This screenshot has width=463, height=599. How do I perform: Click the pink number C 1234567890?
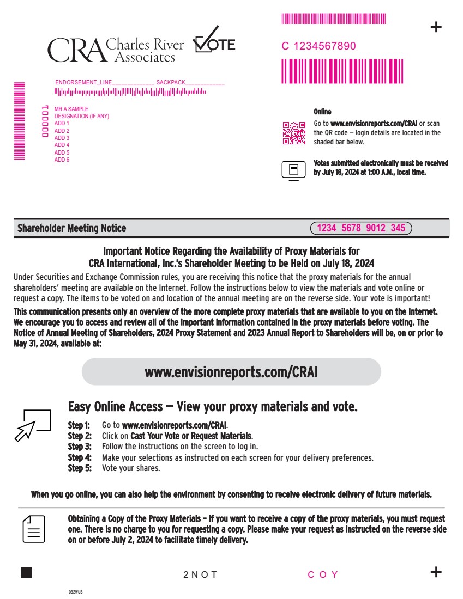pos(318,46)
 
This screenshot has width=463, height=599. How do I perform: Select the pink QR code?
pos(294,133)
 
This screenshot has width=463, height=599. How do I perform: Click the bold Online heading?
pos(322,112)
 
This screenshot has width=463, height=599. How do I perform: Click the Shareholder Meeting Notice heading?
pos(71,228)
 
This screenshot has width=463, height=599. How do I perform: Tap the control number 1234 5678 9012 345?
pos(361,228)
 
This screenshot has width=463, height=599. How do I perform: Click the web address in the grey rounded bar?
pos(231,372)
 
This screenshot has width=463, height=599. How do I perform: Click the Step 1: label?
pos(79,425)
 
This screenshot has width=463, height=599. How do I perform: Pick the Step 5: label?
pos(79,468)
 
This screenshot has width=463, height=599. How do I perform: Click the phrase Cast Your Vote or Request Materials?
pos(191,436)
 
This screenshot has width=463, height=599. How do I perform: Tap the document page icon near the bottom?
pos(34,529)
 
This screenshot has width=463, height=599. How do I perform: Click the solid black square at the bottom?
pos(26,572)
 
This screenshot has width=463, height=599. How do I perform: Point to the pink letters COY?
pos(323,575)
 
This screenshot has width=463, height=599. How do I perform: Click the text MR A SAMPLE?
pos(71,109)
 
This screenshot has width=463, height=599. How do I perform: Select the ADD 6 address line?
pos(62,160)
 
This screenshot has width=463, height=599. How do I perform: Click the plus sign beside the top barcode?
pos(436,27)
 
